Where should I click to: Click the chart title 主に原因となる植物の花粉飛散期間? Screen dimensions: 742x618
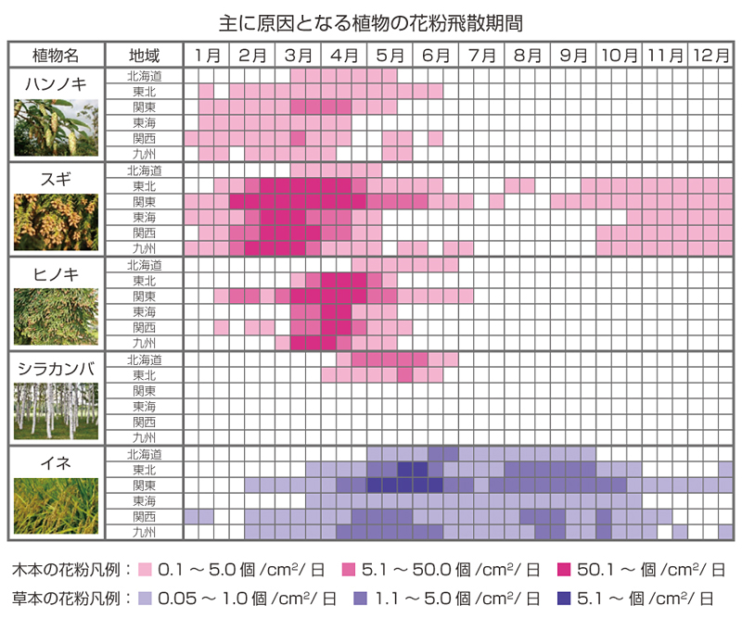point(370,23)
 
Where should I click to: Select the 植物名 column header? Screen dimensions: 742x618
point(56,56)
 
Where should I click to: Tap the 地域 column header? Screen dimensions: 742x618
point(144,56)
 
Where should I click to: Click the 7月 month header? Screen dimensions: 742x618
point(481,56)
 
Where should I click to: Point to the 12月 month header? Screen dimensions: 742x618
point(710,56)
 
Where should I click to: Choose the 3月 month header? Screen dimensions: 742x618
point(298,56)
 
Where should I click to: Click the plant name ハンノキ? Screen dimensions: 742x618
point(56,84)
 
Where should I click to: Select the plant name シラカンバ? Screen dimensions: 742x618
point(56,369)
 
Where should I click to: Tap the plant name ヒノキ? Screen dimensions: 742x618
point(56,273)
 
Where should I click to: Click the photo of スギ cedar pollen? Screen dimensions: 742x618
point(56,221)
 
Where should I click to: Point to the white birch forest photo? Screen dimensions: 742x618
point(56,410)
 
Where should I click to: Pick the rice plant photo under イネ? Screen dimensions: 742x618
point(56,506)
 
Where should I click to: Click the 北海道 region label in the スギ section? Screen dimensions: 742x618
point(144,170)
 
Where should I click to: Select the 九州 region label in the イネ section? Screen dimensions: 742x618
point(144,533)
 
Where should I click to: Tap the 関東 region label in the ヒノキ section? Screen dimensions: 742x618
point(144,296)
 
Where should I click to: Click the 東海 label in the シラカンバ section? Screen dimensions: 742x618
point(144,407)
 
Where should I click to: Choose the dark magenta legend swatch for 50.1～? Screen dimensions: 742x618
point(564,569)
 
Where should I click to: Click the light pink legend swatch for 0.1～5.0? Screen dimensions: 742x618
point(145,569)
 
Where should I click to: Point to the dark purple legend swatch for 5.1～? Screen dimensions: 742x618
point(564,599)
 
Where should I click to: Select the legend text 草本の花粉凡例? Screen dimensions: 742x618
point(66,599)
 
